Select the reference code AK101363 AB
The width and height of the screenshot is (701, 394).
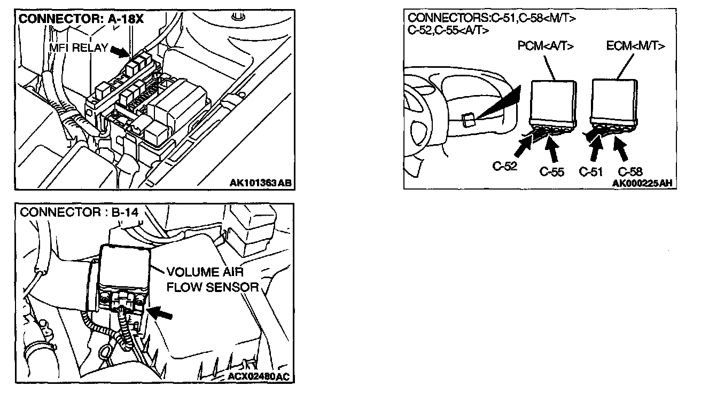pos(261,183)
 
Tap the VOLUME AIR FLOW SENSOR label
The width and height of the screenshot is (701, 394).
pos(213,279)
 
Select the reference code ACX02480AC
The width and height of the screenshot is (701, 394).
pos(257,377)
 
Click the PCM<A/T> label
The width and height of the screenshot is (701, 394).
pos(546,46)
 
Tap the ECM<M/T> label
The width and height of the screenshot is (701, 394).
pos(636,46)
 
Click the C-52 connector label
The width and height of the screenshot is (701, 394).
pos(504,167)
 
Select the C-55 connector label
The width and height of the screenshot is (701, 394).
pos(552,172)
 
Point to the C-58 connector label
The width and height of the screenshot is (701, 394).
pos(630,172)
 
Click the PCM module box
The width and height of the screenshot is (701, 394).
pos(553,99)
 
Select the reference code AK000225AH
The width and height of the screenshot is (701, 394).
pos(642,183)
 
